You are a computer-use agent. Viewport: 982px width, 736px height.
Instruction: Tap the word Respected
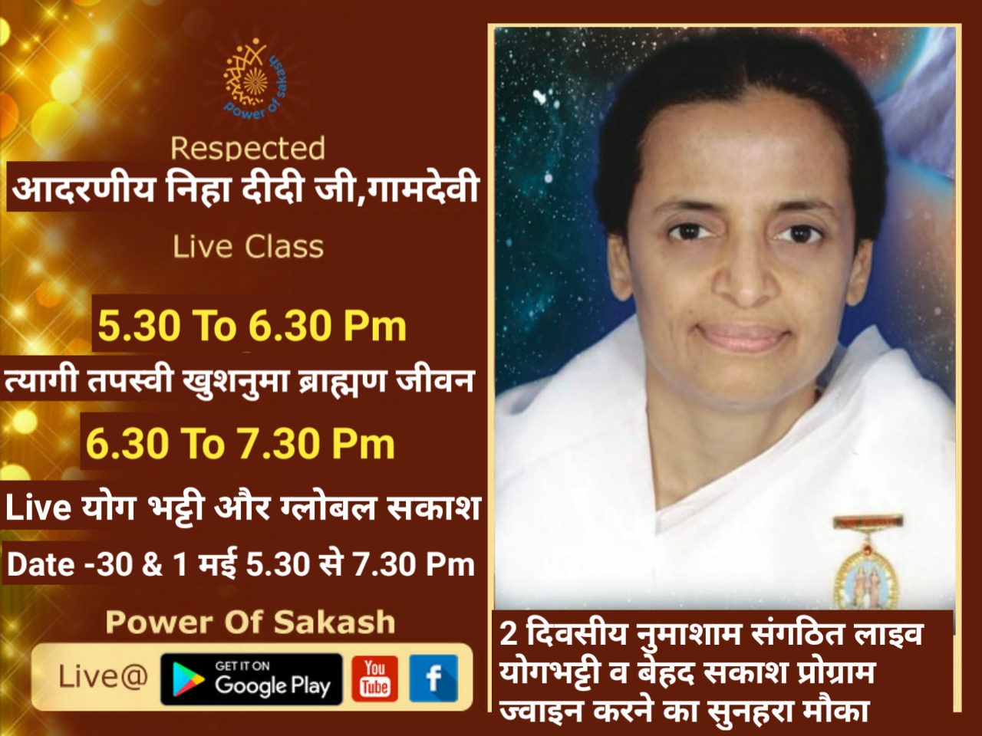pos(248,149)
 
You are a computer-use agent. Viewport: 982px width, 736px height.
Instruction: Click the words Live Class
pos(249,247)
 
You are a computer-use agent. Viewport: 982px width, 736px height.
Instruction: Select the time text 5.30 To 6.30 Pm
pos(252,326)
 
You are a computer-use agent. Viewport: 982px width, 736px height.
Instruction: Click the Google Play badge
pos(252,678)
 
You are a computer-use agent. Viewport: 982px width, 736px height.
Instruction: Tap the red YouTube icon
pos(375,678)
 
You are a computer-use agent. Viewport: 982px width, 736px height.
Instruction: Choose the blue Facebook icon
pos(433,678)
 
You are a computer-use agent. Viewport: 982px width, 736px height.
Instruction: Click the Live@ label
pos(104,677)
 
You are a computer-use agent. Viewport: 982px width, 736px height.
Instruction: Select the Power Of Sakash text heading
pos(251,622)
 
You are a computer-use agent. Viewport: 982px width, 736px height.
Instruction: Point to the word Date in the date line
pos(40,564)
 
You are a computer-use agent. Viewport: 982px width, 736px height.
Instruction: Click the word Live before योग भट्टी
pos(38,508)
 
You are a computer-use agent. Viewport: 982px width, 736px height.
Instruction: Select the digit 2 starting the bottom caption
pos(509,635)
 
